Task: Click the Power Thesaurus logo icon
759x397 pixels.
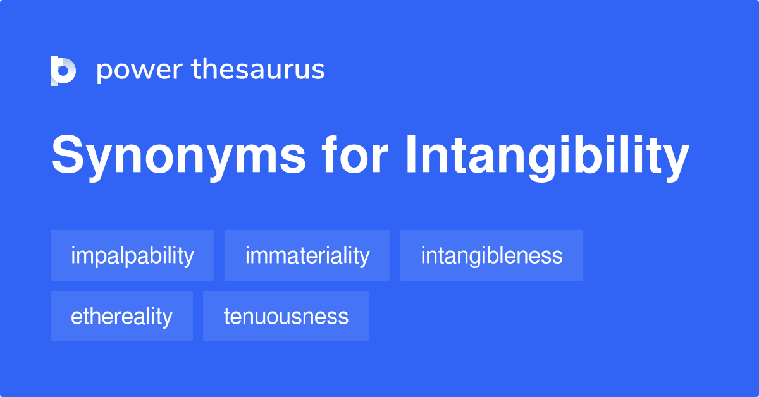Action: click(x=63, y=70)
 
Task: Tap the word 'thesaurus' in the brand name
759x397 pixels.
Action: click(x=258, y=70)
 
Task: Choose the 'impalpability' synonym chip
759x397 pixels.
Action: click(x=132, y=255)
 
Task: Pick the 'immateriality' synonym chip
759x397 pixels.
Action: click(x=307, y=255)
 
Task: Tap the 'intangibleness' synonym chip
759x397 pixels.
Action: click(x=491, y=255)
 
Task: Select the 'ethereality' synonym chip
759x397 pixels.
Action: click(x=121, y=316)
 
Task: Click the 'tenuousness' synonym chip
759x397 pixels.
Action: click(x=286, y=316)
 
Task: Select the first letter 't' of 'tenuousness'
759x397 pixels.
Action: click(x=227, y=316)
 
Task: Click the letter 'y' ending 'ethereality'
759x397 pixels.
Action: click(x=168, y=319)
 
